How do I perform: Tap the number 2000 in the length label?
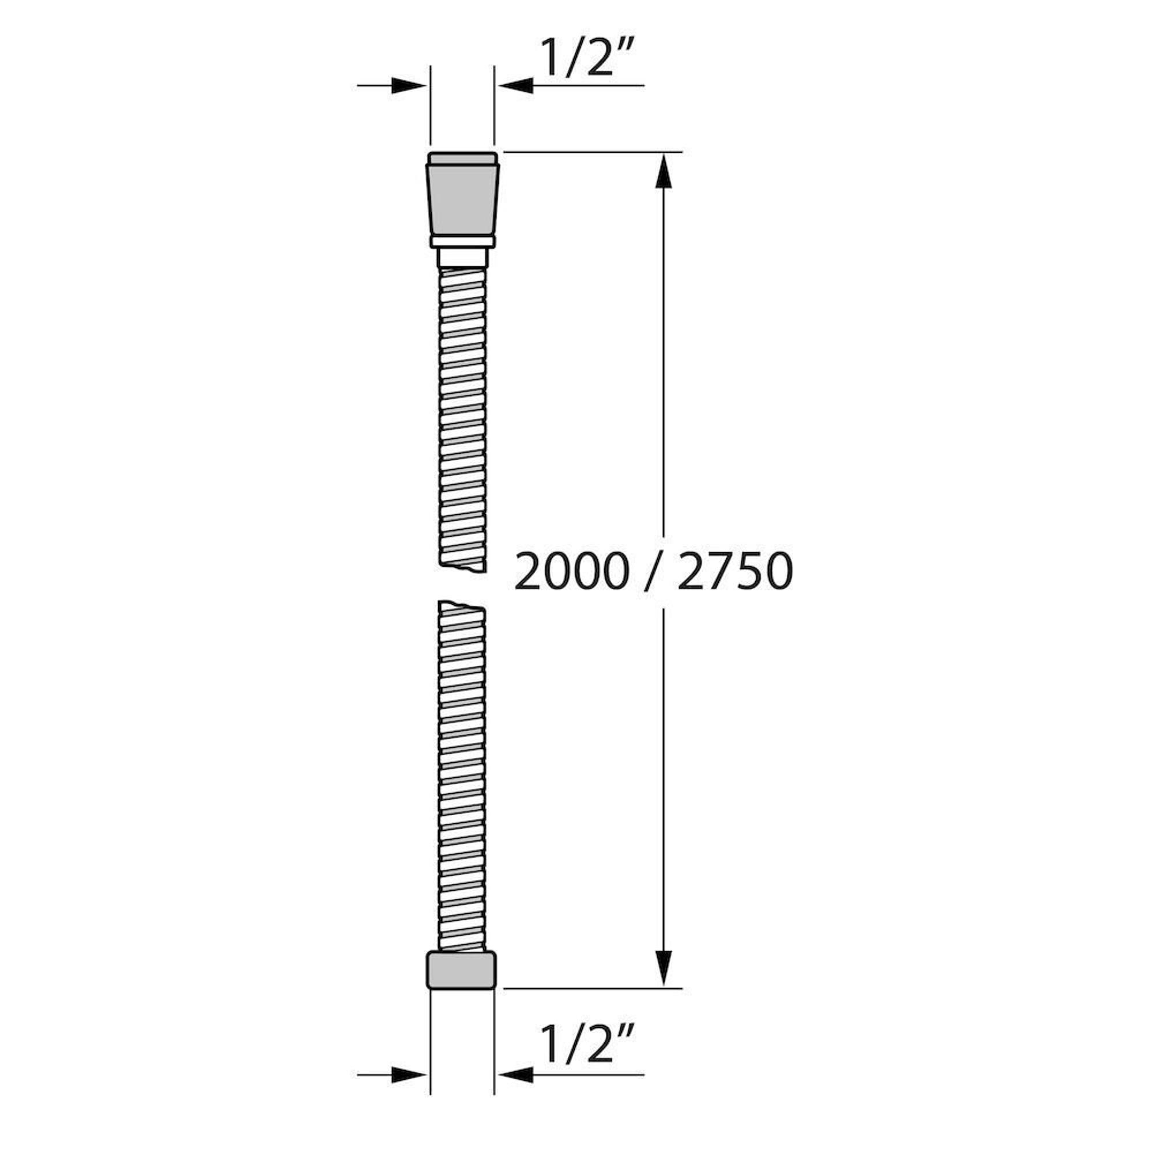(x=571, y=571)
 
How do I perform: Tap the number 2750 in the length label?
(x=735, y=571)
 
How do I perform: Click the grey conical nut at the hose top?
(x=462, y=199)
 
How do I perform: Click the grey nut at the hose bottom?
(x=461, y=969)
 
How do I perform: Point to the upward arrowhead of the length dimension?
(x=664, y=171)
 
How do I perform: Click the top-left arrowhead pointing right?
(x=409, y=85)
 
